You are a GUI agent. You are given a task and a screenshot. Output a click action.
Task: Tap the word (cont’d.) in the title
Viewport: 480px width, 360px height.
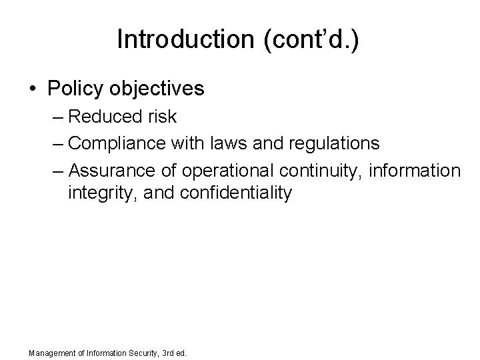click(x=306, y=40)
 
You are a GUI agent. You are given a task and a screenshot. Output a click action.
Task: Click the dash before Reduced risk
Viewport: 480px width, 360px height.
click(x=58, y=117)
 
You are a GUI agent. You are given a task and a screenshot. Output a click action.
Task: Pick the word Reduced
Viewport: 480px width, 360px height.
click(x=103, y=117)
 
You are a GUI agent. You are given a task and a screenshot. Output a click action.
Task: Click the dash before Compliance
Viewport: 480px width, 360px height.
click(x=58, y=143)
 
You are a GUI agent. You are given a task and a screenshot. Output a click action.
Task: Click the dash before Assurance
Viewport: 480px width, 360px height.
click(x=58, y=169)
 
